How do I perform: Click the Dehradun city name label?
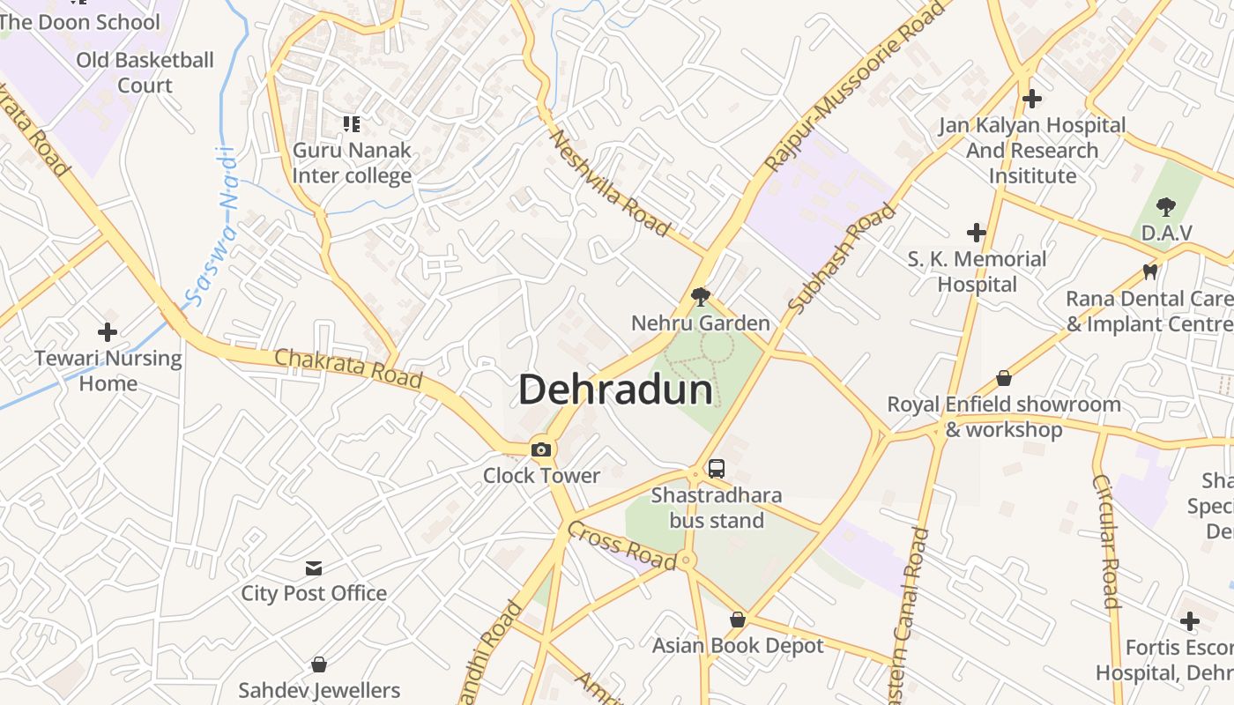pyautogui.click(x=615, y=390)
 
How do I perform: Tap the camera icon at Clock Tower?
pyautogui.click(x=541, y=450)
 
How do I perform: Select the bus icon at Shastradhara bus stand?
pyautogui.click(x=717, y=469)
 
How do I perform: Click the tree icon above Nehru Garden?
pyautogui.click(x=701, y=296)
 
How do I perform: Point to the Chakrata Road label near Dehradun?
pyautogui.click(x=348, y=368)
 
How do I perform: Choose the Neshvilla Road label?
pyautogui.click(x=609, y=183)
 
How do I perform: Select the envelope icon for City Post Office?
pyautogui.click(x=314, y=568)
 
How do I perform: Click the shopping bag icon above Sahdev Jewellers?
pyautogui.click(x=319, y=664)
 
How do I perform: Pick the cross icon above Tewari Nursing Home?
pyautogui.click(x=108, y=332)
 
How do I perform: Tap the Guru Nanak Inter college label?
pyautogui.click(x=352, y=162)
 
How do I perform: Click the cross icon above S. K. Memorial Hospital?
pyautogui.click(x=977, y=233)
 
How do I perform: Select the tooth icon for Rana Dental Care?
pyautogui.click(x=1149, y=272)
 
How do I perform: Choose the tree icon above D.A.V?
pyautogui.click(x=1166, y=207)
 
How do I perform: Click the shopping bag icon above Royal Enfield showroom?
pyautogui.click(x=1003, y=379)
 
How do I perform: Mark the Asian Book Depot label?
pyautogui.click(x=738, y=646)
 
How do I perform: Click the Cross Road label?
pyautogui.click(x=622, y=545)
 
